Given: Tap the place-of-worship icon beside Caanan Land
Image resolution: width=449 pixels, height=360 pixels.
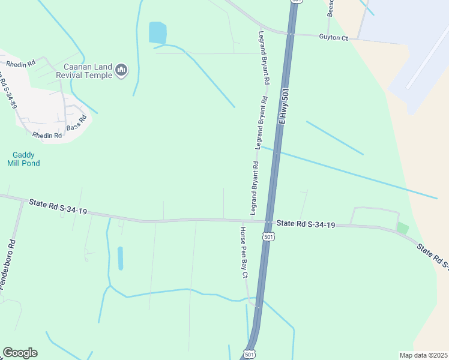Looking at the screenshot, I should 122,71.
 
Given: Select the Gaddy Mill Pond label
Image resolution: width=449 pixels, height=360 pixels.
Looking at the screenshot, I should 23,158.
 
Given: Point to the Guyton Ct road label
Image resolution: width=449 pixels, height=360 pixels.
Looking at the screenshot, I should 333,38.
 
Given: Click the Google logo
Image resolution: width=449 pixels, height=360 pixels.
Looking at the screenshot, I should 20,353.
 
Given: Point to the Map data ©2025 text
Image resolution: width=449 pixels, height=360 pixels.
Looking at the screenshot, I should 423,355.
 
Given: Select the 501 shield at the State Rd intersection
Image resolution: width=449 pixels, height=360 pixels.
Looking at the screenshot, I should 269,237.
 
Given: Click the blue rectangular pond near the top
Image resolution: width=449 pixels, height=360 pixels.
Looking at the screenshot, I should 157,32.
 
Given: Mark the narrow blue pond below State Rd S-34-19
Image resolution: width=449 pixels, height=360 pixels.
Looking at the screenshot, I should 120,258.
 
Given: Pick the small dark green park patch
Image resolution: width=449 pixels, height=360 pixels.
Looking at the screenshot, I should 402,228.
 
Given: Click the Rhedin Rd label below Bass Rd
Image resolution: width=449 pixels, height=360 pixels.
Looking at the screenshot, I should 47,136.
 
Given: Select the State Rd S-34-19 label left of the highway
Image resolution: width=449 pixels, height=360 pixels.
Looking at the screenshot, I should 58,208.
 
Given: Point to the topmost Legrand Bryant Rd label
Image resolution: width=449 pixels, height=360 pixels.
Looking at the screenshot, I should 262,58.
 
